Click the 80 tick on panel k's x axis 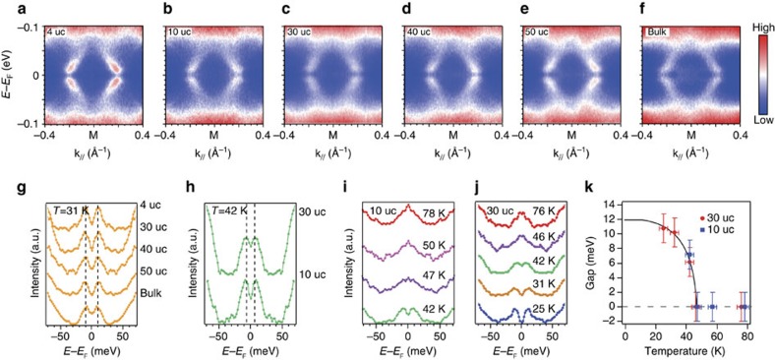pos(747,336)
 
